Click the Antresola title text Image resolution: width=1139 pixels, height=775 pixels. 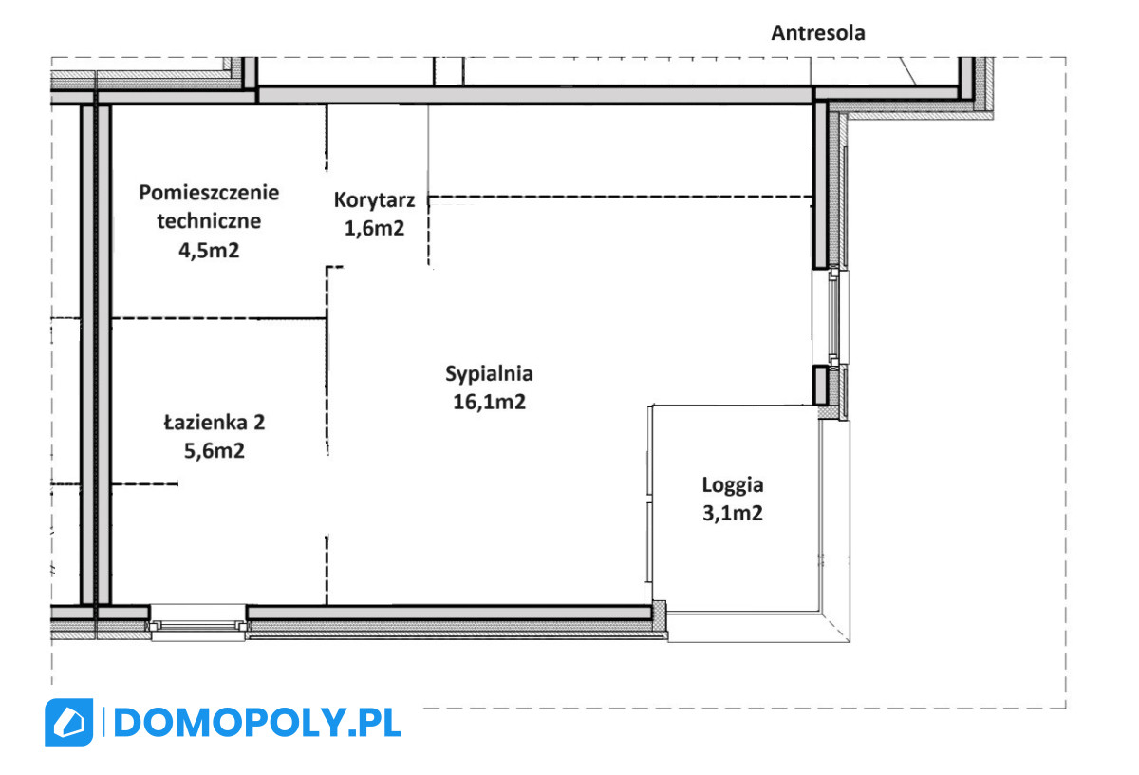tap(817, 33)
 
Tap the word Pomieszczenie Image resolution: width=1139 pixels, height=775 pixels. tap(209, 193)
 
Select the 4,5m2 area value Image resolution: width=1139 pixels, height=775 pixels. tap(209, 251)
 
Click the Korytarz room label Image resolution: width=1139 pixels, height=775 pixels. tap(374, 200)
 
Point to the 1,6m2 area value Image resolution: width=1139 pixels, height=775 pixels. tap(374, 228)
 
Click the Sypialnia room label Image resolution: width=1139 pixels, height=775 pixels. tap(489, 374)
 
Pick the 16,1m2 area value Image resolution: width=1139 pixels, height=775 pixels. tap(489, 402)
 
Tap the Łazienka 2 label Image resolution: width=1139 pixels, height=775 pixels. tap(215, 423)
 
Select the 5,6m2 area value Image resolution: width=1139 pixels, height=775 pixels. tap(215, 451)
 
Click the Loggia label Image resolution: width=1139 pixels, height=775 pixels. tap(733, 485)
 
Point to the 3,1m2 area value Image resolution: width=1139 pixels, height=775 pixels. tap(733, 513)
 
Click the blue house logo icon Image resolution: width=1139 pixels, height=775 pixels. tap(69, 723)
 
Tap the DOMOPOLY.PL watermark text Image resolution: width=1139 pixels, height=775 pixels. tap(257, 723)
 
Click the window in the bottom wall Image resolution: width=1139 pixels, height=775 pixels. tap(197, 622)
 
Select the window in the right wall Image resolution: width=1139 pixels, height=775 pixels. tap(831, 316)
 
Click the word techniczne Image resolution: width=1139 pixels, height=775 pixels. tap(209, 221)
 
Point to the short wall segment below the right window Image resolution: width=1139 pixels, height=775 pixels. tap(820, 386)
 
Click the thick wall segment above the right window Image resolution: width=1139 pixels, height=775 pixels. tap(820, 185)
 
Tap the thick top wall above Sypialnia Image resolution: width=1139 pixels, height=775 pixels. tap(533, 95)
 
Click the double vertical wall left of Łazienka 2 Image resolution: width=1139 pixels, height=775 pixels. tap(96, 354)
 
